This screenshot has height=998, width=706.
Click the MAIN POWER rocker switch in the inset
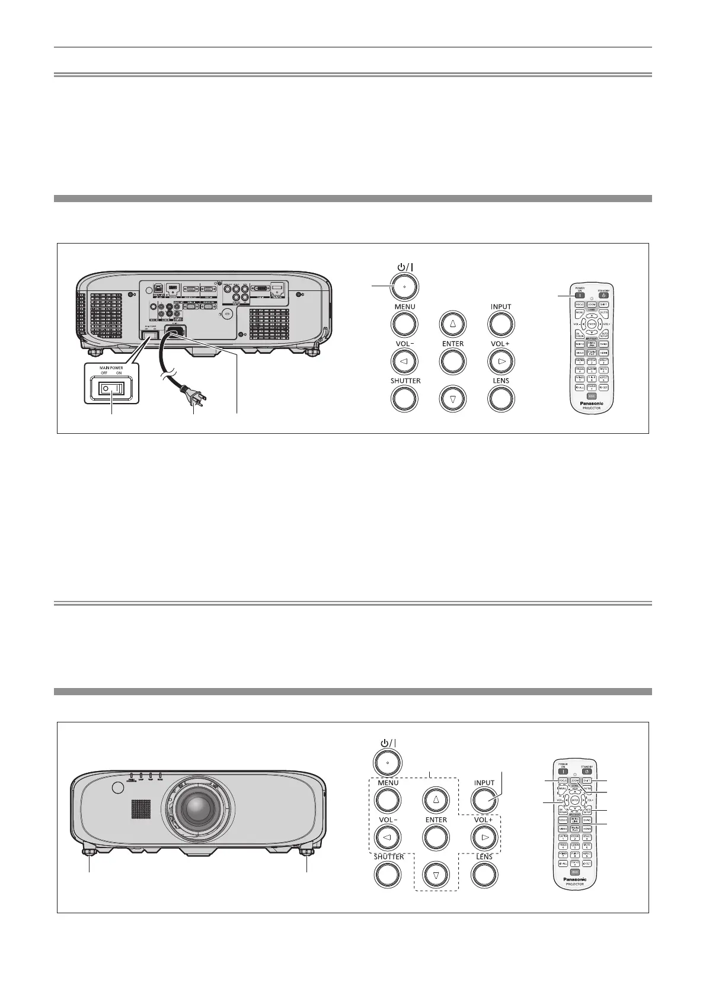pyautogui.click(x=111, y=389)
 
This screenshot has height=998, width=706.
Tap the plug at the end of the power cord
pyautogui.click(x=193, y=395)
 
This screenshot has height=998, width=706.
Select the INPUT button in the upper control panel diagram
pyautogui.click(x=501, y=324)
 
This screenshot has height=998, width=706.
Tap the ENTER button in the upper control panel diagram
pyautogui.click(x=452, y=361)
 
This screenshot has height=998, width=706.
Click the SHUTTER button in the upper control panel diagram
pyautogui.click(x=405, y=398)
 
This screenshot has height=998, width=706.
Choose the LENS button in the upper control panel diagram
pyautogui.click(x=501, y=398)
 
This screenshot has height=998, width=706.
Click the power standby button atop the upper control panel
pyautogui.click(x=405, y=286)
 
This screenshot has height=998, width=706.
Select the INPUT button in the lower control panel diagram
pyautogui.click(x=484, y=800)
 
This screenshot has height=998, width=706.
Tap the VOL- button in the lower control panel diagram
pyautogui.click(x=388, y=837)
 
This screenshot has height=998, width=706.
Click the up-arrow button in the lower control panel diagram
pyautogui.click(x=436, y=800)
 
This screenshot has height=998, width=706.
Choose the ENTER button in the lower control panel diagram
pyautogui.click(x=436, y=837)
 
